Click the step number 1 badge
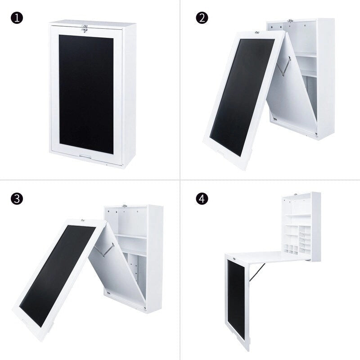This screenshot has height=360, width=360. pyautogui.click(x=17, y=19)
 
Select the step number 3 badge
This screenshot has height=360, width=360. pyautogui.click(x=17, y=199)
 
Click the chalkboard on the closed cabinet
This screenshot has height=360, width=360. pyautogui.click(x=86, y=90)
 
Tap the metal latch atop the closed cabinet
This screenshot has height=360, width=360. pyautogui.click(x=85, y=29)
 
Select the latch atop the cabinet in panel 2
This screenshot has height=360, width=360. pyautogui.click(x=290, y=21)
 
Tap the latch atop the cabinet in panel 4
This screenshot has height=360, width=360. pyautogui.click(x=295, y=194)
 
